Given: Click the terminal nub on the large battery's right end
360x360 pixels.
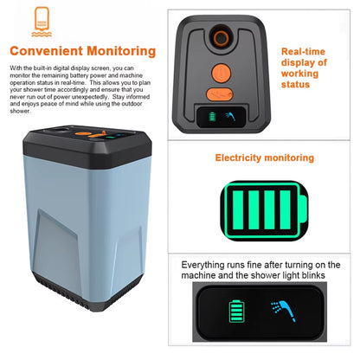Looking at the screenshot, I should pyautogui.click(x=302, y=208).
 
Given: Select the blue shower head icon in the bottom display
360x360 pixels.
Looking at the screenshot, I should pyautogui.click(x=281, y=309).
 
